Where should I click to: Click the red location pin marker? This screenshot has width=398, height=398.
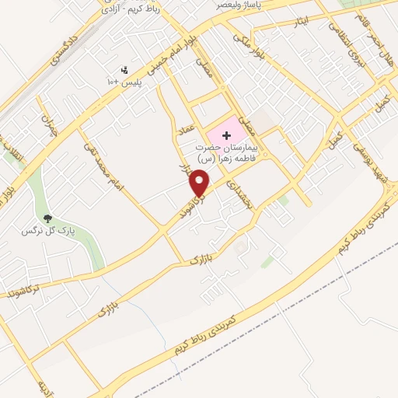tap(201, 182)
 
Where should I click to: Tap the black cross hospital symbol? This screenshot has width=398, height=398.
tap(226, 135)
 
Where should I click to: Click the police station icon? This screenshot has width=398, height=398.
tap(124, 71)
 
